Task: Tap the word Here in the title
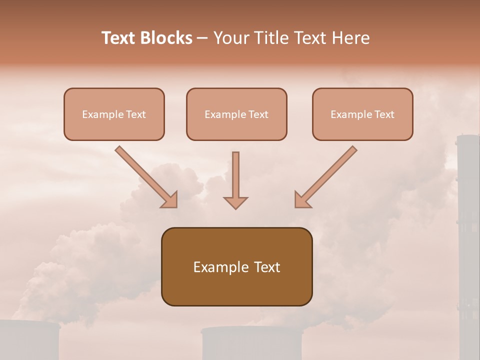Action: pos(350,38)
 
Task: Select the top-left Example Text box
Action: pos(114,114)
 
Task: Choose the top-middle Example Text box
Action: pos(236,114)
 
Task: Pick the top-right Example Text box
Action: pos(362,114)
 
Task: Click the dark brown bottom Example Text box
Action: pos(236,267)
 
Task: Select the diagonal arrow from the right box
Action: pos(327,175)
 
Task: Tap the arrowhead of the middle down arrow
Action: pos(235,202)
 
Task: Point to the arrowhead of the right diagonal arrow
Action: pos(302,199)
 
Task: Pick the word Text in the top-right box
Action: pos(384,114)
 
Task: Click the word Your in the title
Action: pos(229,38)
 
